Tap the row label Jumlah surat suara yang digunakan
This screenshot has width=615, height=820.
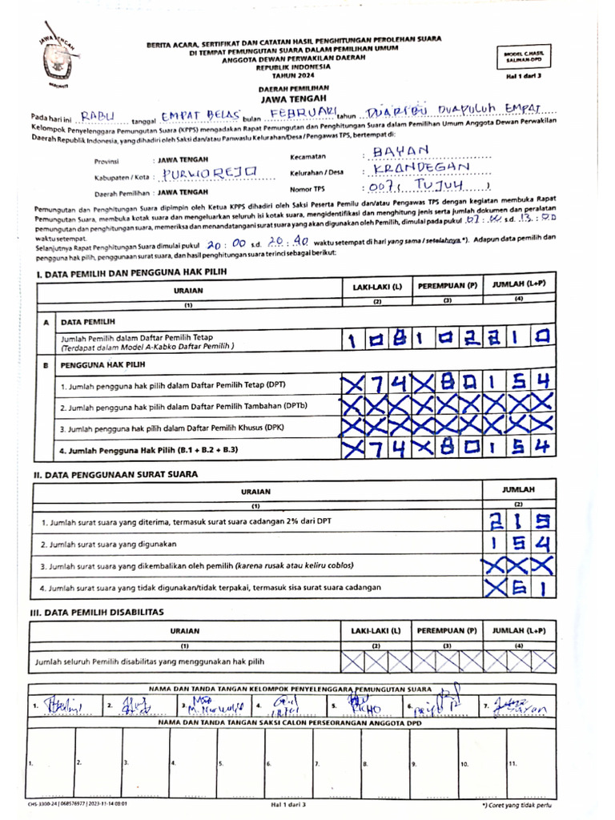[109, 544]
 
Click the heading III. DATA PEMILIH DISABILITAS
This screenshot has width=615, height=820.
[98, 612]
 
